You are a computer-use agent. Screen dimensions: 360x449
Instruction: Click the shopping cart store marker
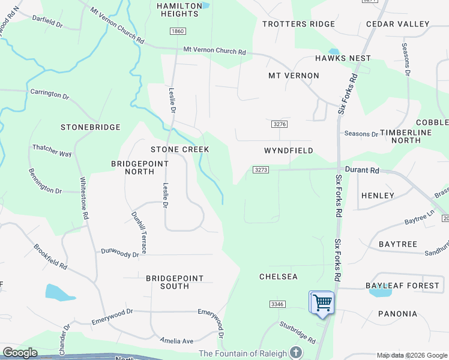click(322, 302)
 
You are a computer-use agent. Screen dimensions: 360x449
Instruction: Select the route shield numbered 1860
click(177, 31)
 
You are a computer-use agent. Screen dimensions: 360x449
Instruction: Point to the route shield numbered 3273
click(260, 170)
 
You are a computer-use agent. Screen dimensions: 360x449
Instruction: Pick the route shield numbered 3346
click(277, 304)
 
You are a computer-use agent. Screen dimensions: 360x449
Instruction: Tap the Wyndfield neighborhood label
click(288, 151)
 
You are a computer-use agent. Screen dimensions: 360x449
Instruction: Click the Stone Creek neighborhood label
click(179, 149)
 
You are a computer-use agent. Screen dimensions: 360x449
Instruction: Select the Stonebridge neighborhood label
click(91, 127)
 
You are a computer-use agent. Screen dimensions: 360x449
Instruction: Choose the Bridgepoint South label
click(175, 282)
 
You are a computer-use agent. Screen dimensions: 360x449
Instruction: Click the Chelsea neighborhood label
click(278, 277)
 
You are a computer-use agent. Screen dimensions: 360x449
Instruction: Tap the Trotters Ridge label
click(298, 24)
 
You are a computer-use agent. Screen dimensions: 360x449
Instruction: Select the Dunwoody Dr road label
click(120, 253)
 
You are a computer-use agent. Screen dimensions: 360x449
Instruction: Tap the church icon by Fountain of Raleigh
click(295, 353)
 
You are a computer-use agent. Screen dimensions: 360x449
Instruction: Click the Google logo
click(20, 353)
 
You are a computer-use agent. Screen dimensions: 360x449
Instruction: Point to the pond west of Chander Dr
click(60, 292)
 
